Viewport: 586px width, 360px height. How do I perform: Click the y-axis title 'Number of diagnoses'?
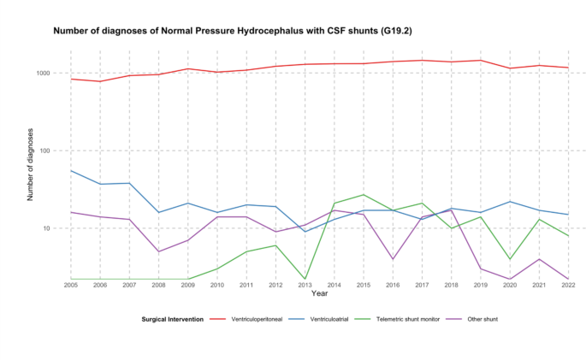click(31, 165)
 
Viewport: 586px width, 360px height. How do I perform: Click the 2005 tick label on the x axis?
click(72, 285)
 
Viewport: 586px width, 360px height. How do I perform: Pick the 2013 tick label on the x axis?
click(305, 285)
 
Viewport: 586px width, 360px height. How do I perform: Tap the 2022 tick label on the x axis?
click(566, 285)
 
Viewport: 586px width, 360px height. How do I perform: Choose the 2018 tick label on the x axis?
click(450, 285)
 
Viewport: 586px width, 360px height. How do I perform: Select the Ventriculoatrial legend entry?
click(341, 319)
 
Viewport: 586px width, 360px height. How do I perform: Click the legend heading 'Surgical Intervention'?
click(173, 319)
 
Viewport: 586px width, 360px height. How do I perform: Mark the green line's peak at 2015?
click(363, 195)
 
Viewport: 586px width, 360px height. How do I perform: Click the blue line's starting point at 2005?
click(72, 170)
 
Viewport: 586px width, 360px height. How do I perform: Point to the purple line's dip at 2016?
click(392, 259)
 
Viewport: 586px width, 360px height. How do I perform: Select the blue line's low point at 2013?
click(305, 232)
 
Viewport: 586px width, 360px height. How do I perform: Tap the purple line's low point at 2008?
click(159, 251)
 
